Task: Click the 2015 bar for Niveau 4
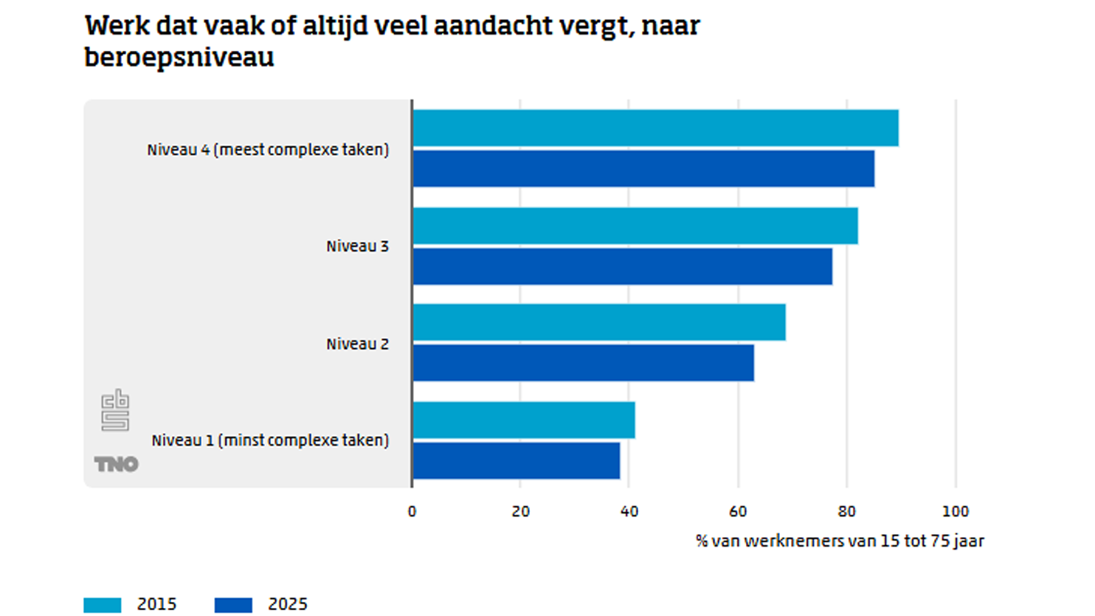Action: click(655, 128)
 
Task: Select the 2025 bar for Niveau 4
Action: click(643, 169)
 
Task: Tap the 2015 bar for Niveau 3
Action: click(635, 226)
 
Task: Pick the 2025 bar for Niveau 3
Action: click(622, 266)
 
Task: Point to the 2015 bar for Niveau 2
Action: click(598, 322)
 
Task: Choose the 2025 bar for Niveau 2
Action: click(583, 363)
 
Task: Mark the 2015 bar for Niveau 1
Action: click(523, 420)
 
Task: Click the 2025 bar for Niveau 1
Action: click(516, 460)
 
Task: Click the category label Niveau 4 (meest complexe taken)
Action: click(268, 150)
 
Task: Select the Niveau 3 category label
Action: click(357, 246)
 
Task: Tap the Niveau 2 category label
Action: click(357, 344)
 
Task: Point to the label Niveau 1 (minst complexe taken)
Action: click(270, 440)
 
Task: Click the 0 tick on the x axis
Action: click(412, 511)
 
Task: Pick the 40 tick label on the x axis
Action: click(629, 511)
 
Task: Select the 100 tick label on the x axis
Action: click(956, 511)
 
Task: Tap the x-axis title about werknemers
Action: click(840, 541)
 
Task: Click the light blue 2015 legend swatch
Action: click(103, 605)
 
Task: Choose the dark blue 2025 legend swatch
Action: click(233, 605)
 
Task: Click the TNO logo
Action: click(116, 464)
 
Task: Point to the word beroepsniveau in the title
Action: click(179, 57)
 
